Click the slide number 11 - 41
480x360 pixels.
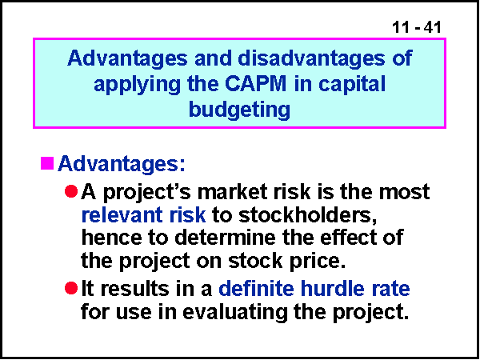pyautogui.click(x=416, y=27)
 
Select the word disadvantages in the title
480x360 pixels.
pyautogui.click(x=311, y=58)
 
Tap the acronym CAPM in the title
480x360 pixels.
pyautogui.click(x=256, y=83)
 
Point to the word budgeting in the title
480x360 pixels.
pyautogui.click(x=239, y=110)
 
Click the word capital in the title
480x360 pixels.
pyautogui.click(x=352, y=84)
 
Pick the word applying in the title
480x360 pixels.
pyautogui.click(x=137, y=84)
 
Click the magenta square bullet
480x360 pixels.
pyautogui.click(x=47, y=163)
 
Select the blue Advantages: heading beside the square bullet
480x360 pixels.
pyautogui.click(x=122, y=164)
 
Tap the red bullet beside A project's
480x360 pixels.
pyautogui.click(x=71, y=192)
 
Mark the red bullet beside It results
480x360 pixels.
pyautogui.click(x=71, y=288)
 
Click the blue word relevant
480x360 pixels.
pyautogui.click(x=122, y=215)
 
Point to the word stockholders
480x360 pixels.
pyautogui.click(x=308, y=215)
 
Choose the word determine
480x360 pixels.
pyautogui.click(x=225, y=238)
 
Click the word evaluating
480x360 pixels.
pyautogui.click(x=235, y=312)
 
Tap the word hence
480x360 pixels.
pyautogui.click(x=111, y=238)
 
